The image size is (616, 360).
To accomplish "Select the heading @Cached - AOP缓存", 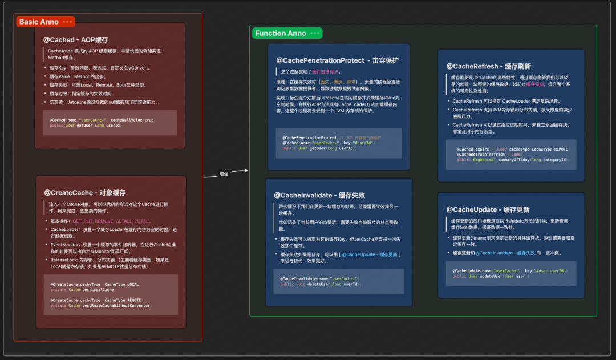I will click(x=76, y=40).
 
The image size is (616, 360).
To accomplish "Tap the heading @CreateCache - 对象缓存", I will click(x=84, y=193).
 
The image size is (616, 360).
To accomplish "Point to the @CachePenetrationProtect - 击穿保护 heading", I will click(x=337, y=60).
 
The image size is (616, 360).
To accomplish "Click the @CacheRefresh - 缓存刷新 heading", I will click(x=488, y=66).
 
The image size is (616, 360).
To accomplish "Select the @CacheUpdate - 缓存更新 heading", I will click(x=488, y=209).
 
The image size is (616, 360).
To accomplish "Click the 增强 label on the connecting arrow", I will click(x=224, y=173).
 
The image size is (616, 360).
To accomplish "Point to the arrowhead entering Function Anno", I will click(x=246, y=170).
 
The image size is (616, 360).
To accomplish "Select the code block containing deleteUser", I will click(x=339, y=281).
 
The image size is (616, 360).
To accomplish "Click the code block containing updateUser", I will click(x=511, y=273).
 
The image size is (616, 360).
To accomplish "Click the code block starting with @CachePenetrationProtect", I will click(x=339, y=143).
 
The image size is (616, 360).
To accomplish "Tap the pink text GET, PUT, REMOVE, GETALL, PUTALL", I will click(x=112, y=221).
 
